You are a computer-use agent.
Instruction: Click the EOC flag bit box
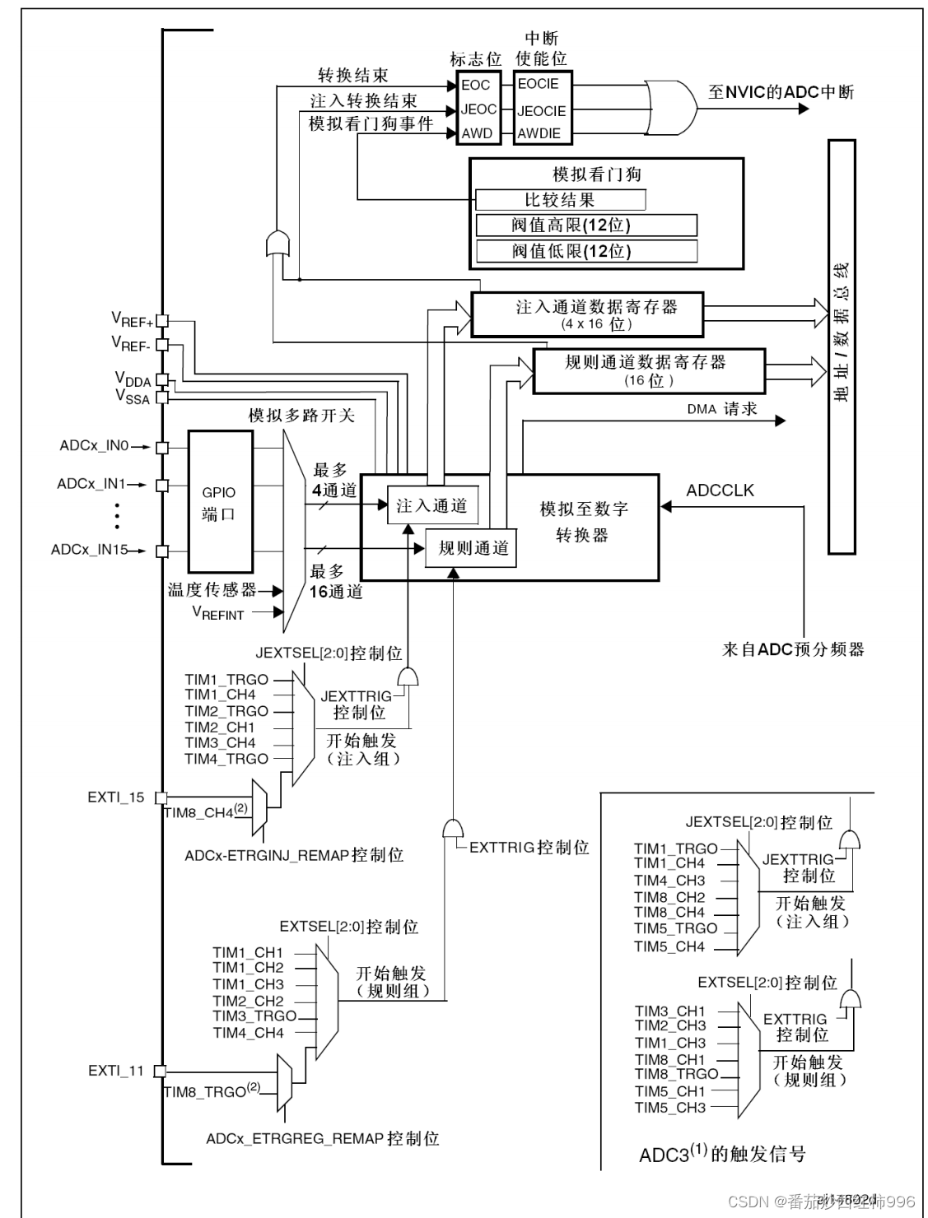pyautogui.click(x=476, y=85)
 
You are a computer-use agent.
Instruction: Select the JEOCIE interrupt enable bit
pyautogui.click(x=541, y=111)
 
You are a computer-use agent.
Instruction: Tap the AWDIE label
pyautogui.click(x=539, y=133)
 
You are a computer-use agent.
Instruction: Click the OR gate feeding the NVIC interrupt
pyautogui.click(x=671, y=106)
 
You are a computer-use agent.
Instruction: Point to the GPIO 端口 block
pyautogui.click(x=219, y=502)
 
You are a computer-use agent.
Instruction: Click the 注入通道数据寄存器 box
pyautogui.click(x=587, y=314)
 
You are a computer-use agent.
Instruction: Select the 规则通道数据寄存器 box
pyautogui.click(x=649, y=370)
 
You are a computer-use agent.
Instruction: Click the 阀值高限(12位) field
pyautogui.click(x=586, y=225)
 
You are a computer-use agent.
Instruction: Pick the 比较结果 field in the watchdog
pyautogui.click(x=560, y=200)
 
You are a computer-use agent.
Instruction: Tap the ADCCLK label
pyautogui.click(x=720, y=490)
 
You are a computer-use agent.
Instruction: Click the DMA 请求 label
pyautogui.click(x=721, y=409)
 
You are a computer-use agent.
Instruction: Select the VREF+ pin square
pyautogui.click(x=162, y=321)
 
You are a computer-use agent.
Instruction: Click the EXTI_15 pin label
pyautogui.click(x=115, y=797)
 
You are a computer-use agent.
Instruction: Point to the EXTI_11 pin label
pyautogui.click(x=115, y=1071)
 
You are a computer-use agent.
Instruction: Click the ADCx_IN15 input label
pyautogui.click(x=89, y=550)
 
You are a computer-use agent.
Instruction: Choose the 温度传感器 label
pyautogui.click(x=212, y=589)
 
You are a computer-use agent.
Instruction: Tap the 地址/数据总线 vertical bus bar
pyautogui.click(x=842, y=346)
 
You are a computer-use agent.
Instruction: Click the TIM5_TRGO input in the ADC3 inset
pyautogui.click(x=675, y=928)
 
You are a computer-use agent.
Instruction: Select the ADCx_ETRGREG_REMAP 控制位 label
pyautogui.click(x=322, y=1139)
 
